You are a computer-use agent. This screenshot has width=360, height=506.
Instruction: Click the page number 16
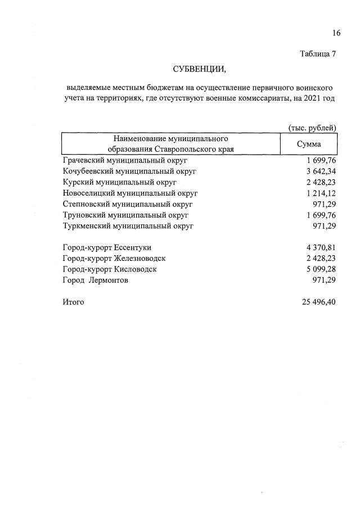click(336, 33)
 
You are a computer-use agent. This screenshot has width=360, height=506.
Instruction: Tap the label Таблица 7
click(318, 55)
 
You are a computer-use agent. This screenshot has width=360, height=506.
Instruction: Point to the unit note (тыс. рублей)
click(312, 128)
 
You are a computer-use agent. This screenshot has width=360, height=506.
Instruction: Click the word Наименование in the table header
click(137, 138)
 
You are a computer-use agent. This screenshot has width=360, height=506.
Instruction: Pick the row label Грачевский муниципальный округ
click(125, 161)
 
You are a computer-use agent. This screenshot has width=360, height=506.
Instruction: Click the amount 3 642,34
click(319, 171)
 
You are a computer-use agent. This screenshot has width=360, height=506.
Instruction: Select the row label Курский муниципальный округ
click(120, 183)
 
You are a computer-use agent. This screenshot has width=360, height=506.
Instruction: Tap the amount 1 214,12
click(319, 193)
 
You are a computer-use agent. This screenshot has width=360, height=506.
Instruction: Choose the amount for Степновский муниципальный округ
click(324, 204)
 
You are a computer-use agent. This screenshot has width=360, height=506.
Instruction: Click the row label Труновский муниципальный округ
click(125, 215)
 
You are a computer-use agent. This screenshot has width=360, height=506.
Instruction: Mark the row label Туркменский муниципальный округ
click(128, 226)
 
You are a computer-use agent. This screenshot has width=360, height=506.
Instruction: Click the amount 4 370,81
click(319, 247)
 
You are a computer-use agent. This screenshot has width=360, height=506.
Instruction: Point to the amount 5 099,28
click(319, 269)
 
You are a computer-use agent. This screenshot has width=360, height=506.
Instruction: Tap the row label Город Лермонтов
click(95, 280)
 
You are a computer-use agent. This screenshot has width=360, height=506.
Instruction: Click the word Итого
click(74, 302)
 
